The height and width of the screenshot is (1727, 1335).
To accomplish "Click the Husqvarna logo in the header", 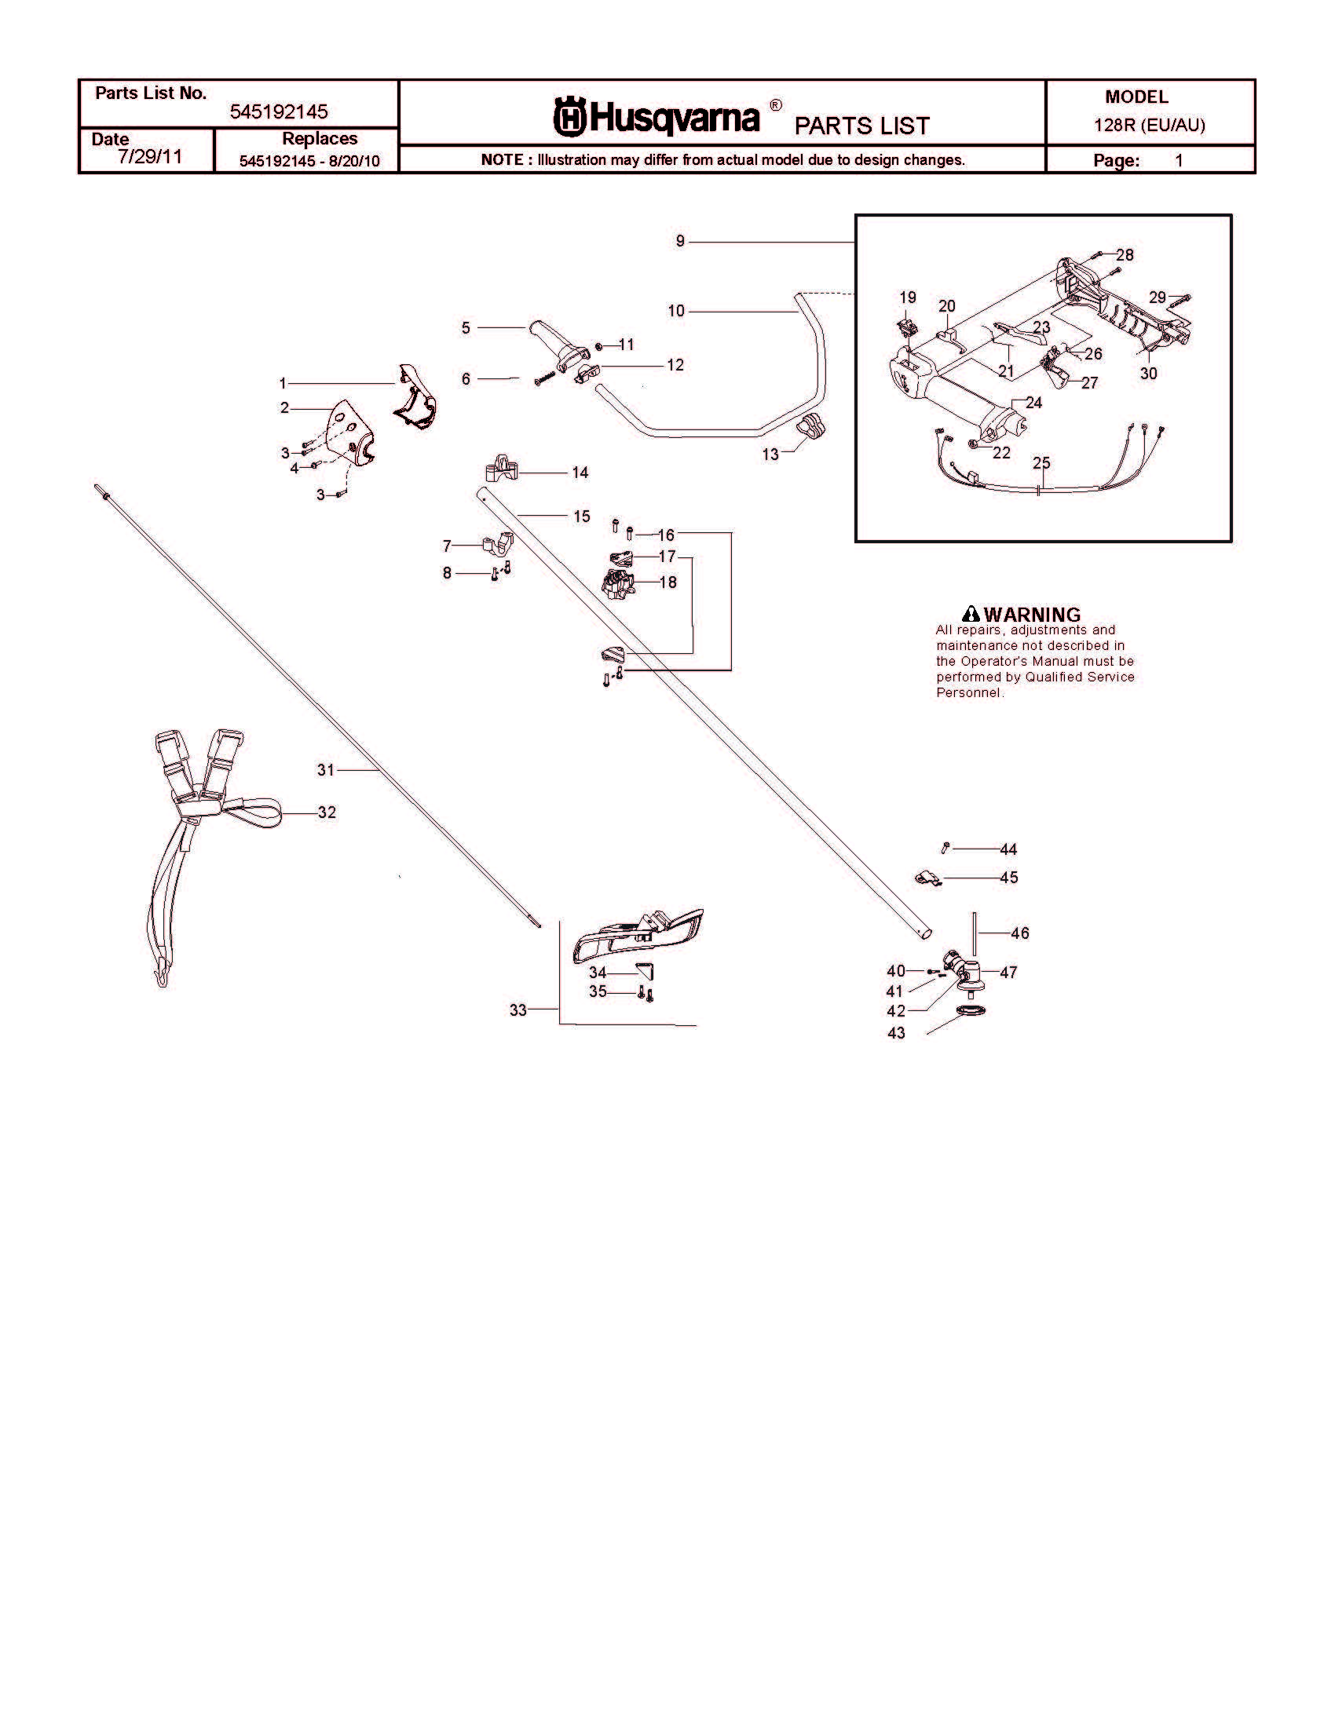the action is (656, 116).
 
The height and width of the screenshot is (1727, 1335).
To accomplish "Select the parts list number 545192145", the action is (279, 111).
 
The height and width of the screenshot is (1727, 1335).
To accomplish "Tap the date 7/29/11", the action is (149, 156).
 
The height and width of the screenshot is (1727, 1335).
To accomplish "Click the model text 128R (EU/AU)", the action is (1149, 126).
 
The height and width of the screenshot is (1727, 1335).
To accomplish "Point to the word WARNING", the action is (1031, 615).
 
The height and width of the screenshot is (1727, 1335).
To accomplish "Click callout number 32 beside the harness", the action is (327, 812).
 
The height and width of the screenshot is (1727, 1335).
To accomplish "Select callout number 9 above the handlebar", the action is (680, 241).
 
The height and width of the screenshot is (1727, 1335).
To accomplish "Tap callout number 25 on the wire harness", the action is (1041, 462).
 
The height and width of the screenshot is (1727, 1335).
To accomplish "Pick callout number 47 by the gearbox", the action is (1008, 972).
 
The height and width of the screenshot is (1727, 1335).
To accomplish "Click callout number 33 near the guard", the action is (518, 1010).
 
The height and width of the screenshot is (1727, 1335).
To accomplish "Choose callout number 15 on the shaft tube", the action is (582, 517).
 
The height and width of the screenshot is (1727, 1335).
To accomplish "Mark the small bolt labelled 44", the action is (945, 849).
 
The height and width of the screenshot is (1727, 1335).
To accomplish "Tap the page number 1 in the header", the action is (1179, 160).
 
